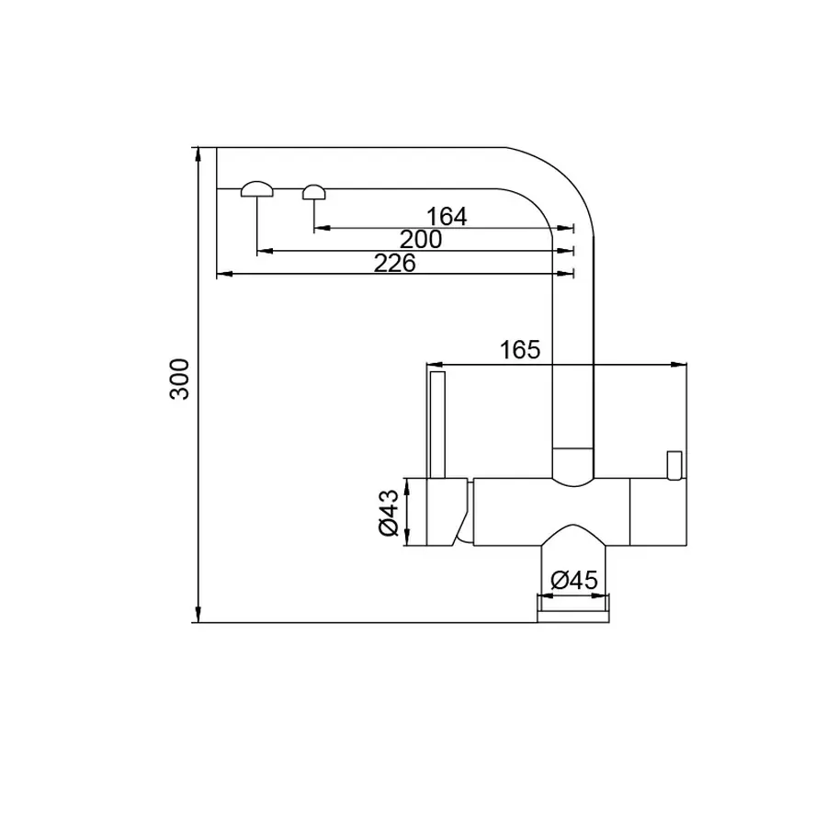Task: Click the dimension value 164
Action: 447,217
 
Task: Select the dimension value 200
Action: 421,240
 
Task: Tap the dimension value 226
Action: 395,263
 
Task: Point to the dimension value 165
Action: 519,350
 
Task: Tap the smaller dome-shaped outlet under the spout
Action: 314,191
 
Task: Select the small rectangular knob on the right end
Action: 674,464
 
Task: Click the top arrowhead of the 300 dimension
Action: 198,153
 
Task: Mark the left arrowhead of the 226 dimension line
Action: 221,273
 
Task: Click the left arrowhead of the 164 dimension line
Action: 320,227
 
